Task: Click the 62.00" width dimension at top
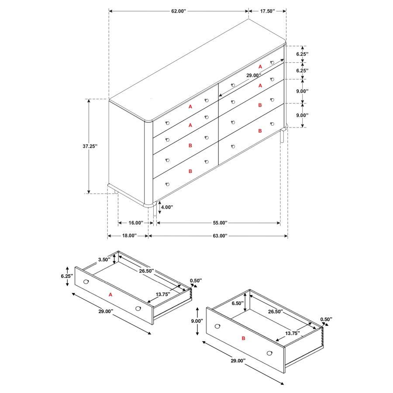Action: pyautogui.click(x=178, y=10)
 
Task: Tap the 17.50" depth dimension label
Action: pyautogui.click(x=267, y=10)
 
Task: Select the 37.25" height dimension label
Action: pyautogui.click(x=89, y=146)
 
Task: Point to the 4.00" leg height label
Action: pyautogui.click(x=168, y=207)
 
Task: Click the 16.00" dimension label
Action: pyautogui.click(x=134, y=223)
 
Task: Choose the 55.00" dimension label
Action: pyautogui.click(x=221, y=223)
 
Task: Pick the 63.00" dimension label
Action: pyautogui.click(x=221, y=236)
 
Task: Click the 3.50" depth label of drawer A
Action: pyautogui.click(x=104, y=259)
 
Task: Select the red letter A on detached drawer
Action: pyautogui.click(x=110, y=295)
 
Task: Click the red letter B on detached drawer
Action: pyautogui.click(x=244, y=338)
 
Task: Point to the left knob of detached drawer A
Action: pyautogui.click(x=86, y=281)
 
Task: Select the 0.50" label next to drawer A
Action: pyautogui.click(x=196, y=280)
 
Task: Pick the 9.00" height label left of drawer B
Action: pyautogui.click(x=197, y=321)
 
